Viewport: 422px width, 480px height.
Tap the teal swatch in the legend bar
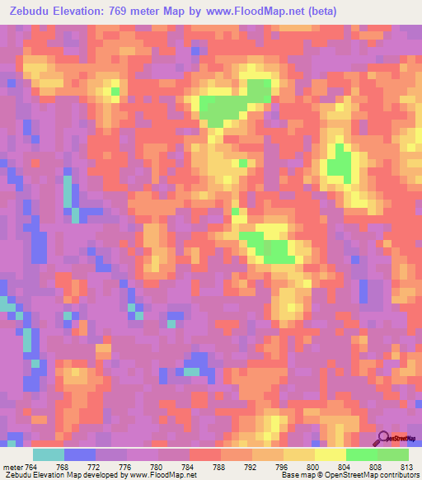click(x=48, y=455)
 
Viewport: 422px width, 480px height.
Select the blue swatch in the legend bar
click(x=80, y=455)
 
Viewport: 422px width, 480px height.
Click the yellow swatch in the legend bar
click(x=330, y=455)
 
